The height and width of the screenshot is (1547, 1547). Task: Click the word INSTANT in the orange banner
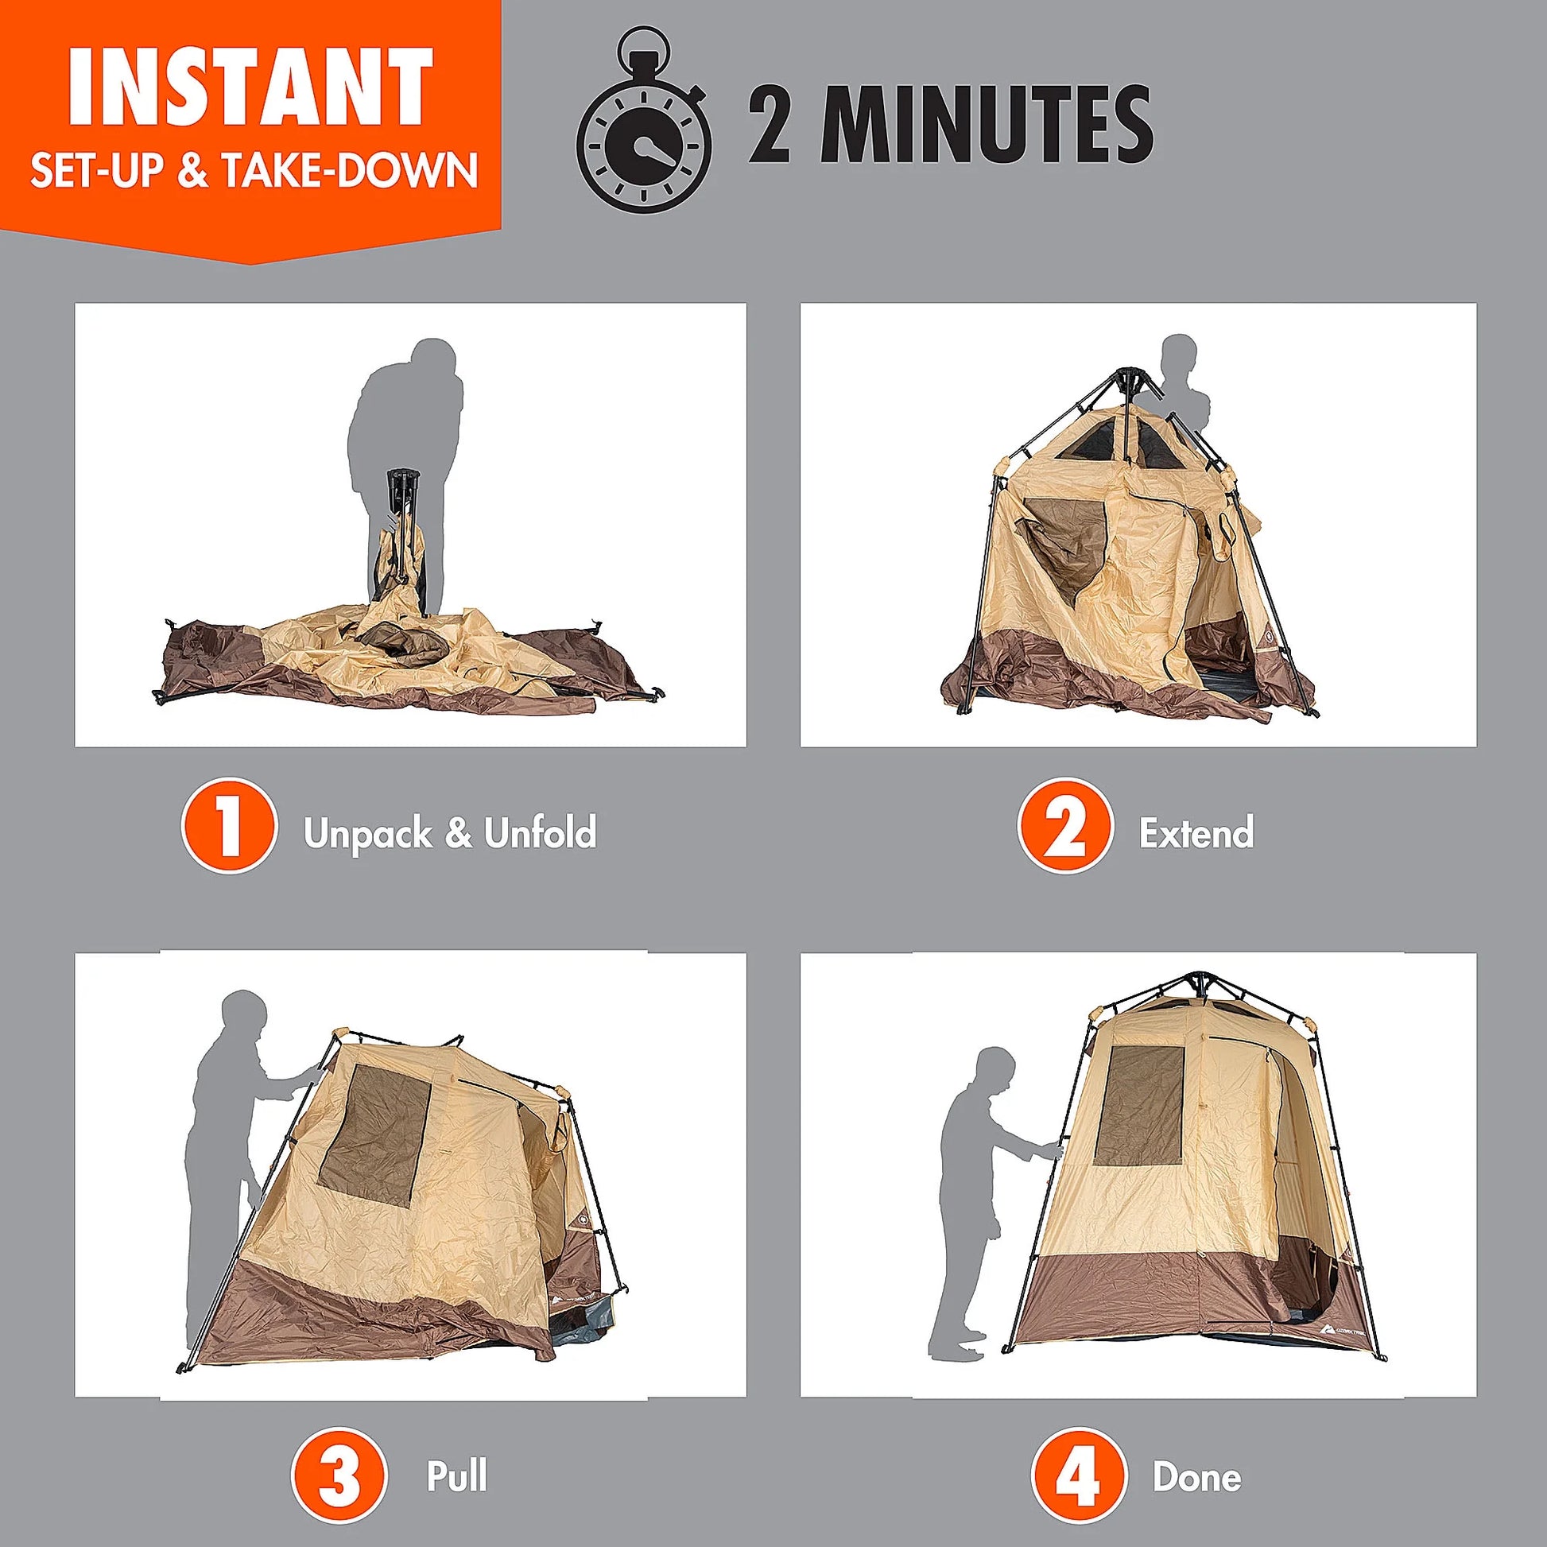(x=250, y=87)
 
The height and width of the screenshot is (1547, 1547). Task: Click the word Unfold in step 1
(x=540, y=833)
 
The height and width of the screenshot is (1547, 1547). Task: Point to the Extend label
(x=1196, y=833)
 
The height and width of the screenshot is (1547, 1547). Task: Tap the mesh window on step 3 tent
(x=374, y=1135)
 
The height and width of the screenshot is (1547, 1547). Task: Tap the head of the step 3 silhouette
(x=243, y=1015)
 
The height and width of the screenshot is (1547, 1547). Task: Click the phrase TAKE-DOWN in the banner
(x=349, y=171)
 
